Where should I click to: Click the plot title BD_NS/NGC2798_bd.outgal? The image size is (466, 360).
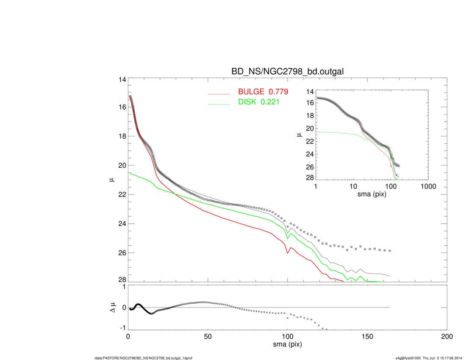point(287,72)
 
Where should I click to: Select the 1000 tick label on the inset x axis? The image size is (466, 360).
point(428,186)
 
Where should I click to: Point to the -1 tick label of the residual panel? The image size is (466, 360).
point(122,328)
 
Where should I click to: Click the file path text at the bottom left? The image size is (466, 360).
point(144,358)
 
